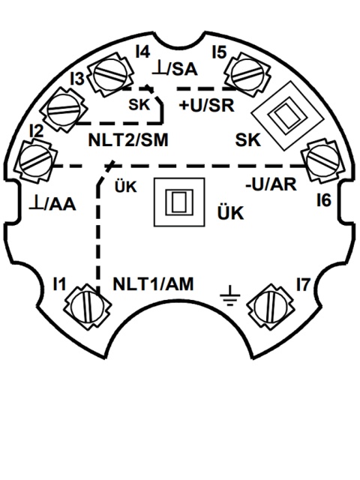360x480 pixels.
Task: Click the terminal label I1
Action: point(59,283)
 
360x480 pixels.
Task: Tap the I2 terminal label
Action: point(37,131)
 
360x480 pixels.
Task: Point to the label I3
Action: point(77,79)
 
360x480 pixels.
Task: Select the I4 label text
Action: point(143,52)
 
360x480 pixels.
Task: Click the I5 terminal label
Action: point(220,52)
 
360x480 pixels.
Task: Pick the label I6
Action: point(324,200)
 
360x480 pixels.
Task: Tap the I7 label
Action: point(303,284)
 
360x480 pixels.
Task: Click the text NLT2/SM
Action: point(128,140)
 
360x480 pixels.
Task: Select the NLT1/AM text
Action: point(153,284)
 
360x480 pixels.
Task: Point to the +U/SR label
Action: point(207,106)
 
